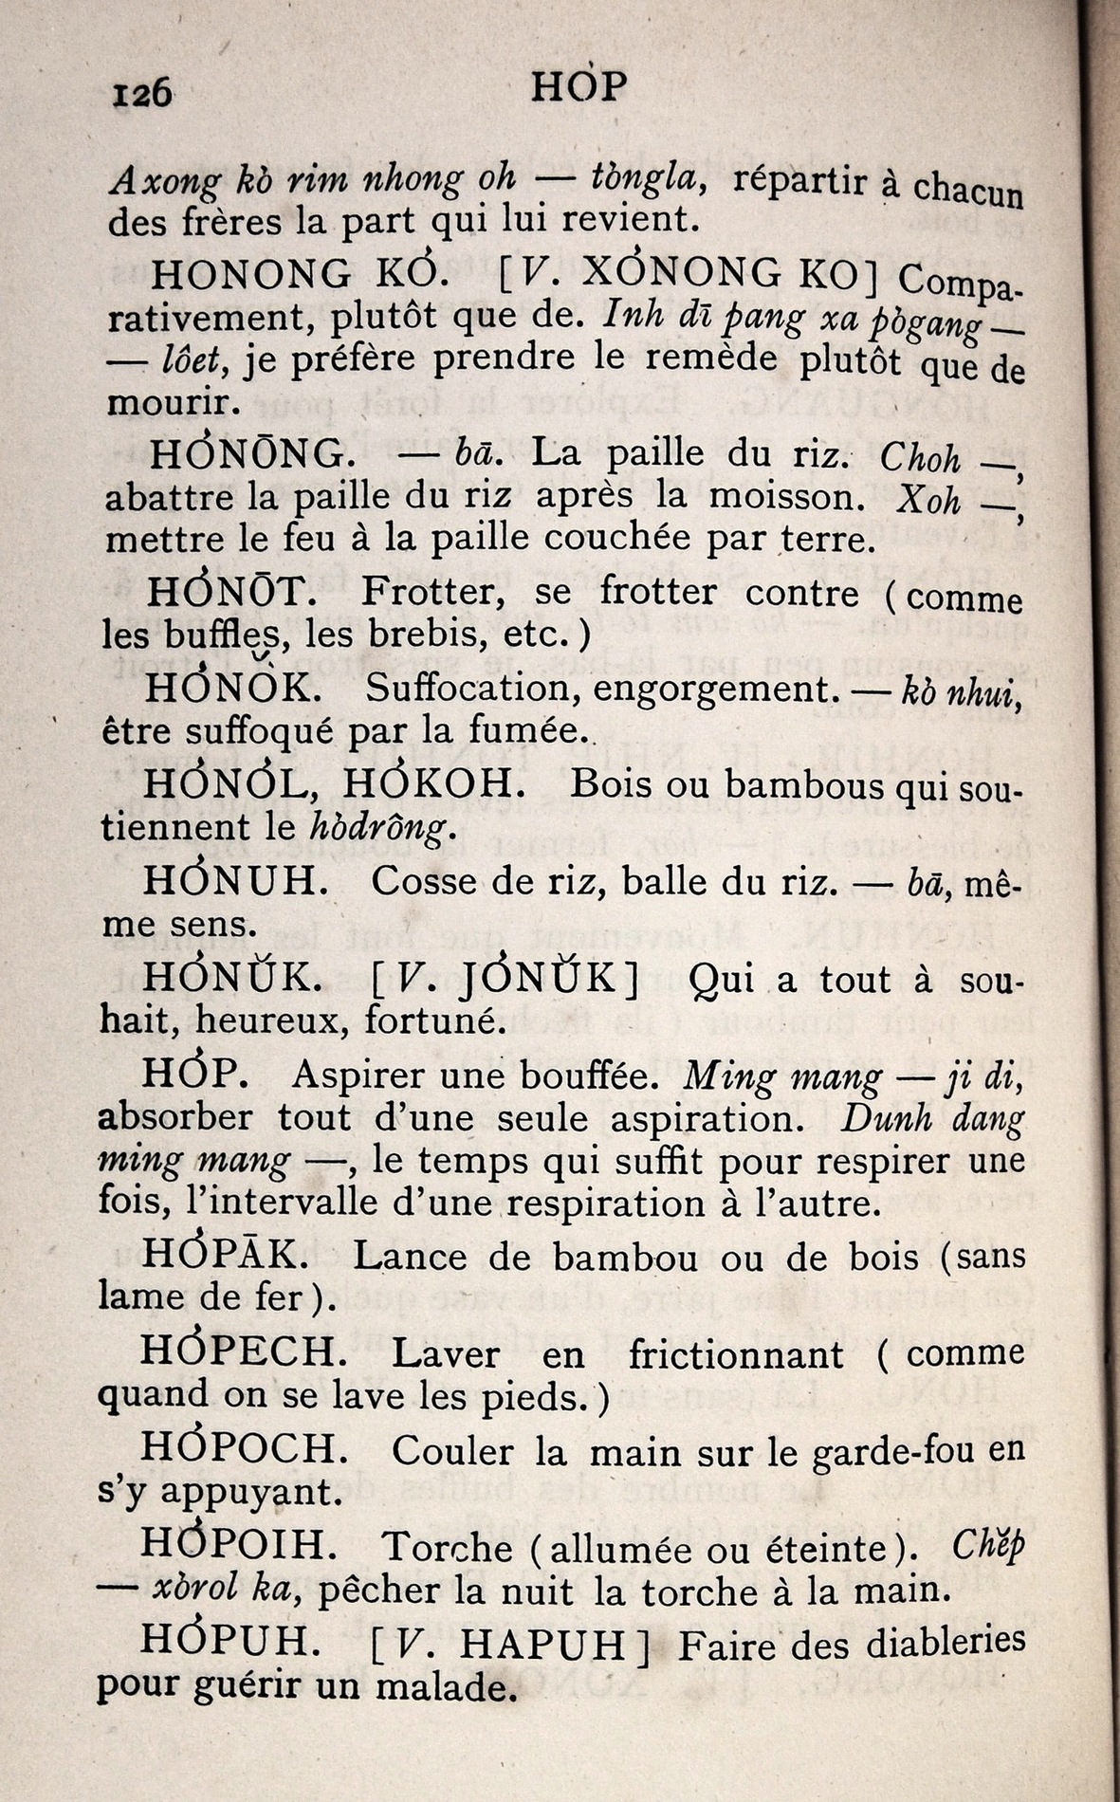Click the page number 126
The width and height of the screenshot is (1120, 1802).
pos(142,93)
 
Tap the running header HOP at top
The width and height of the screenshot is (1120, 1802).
pos(579,86)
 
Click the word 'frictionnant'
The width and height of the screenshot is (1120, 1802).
pos(736,1353)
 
